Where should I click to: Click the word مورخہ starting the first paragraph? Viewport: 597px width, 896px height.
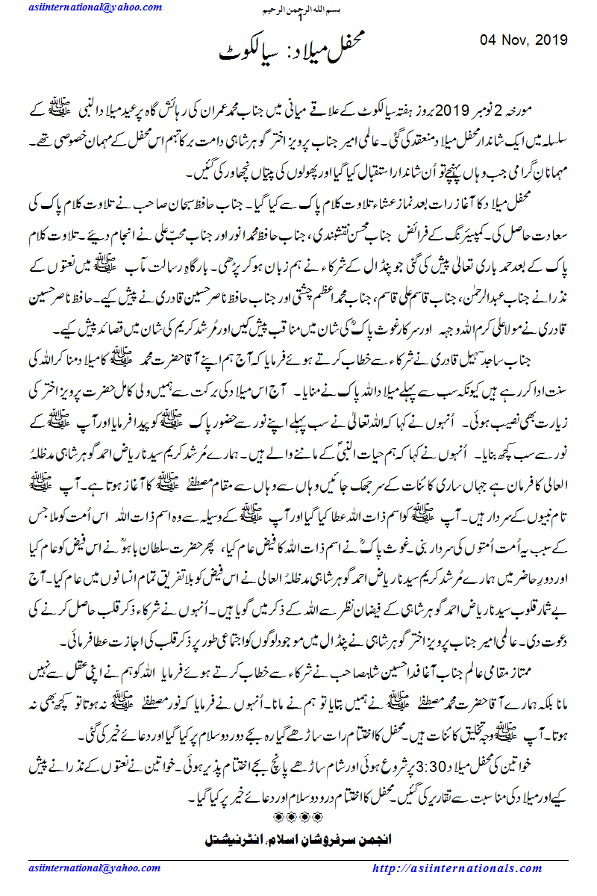[x=551, y=113]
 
